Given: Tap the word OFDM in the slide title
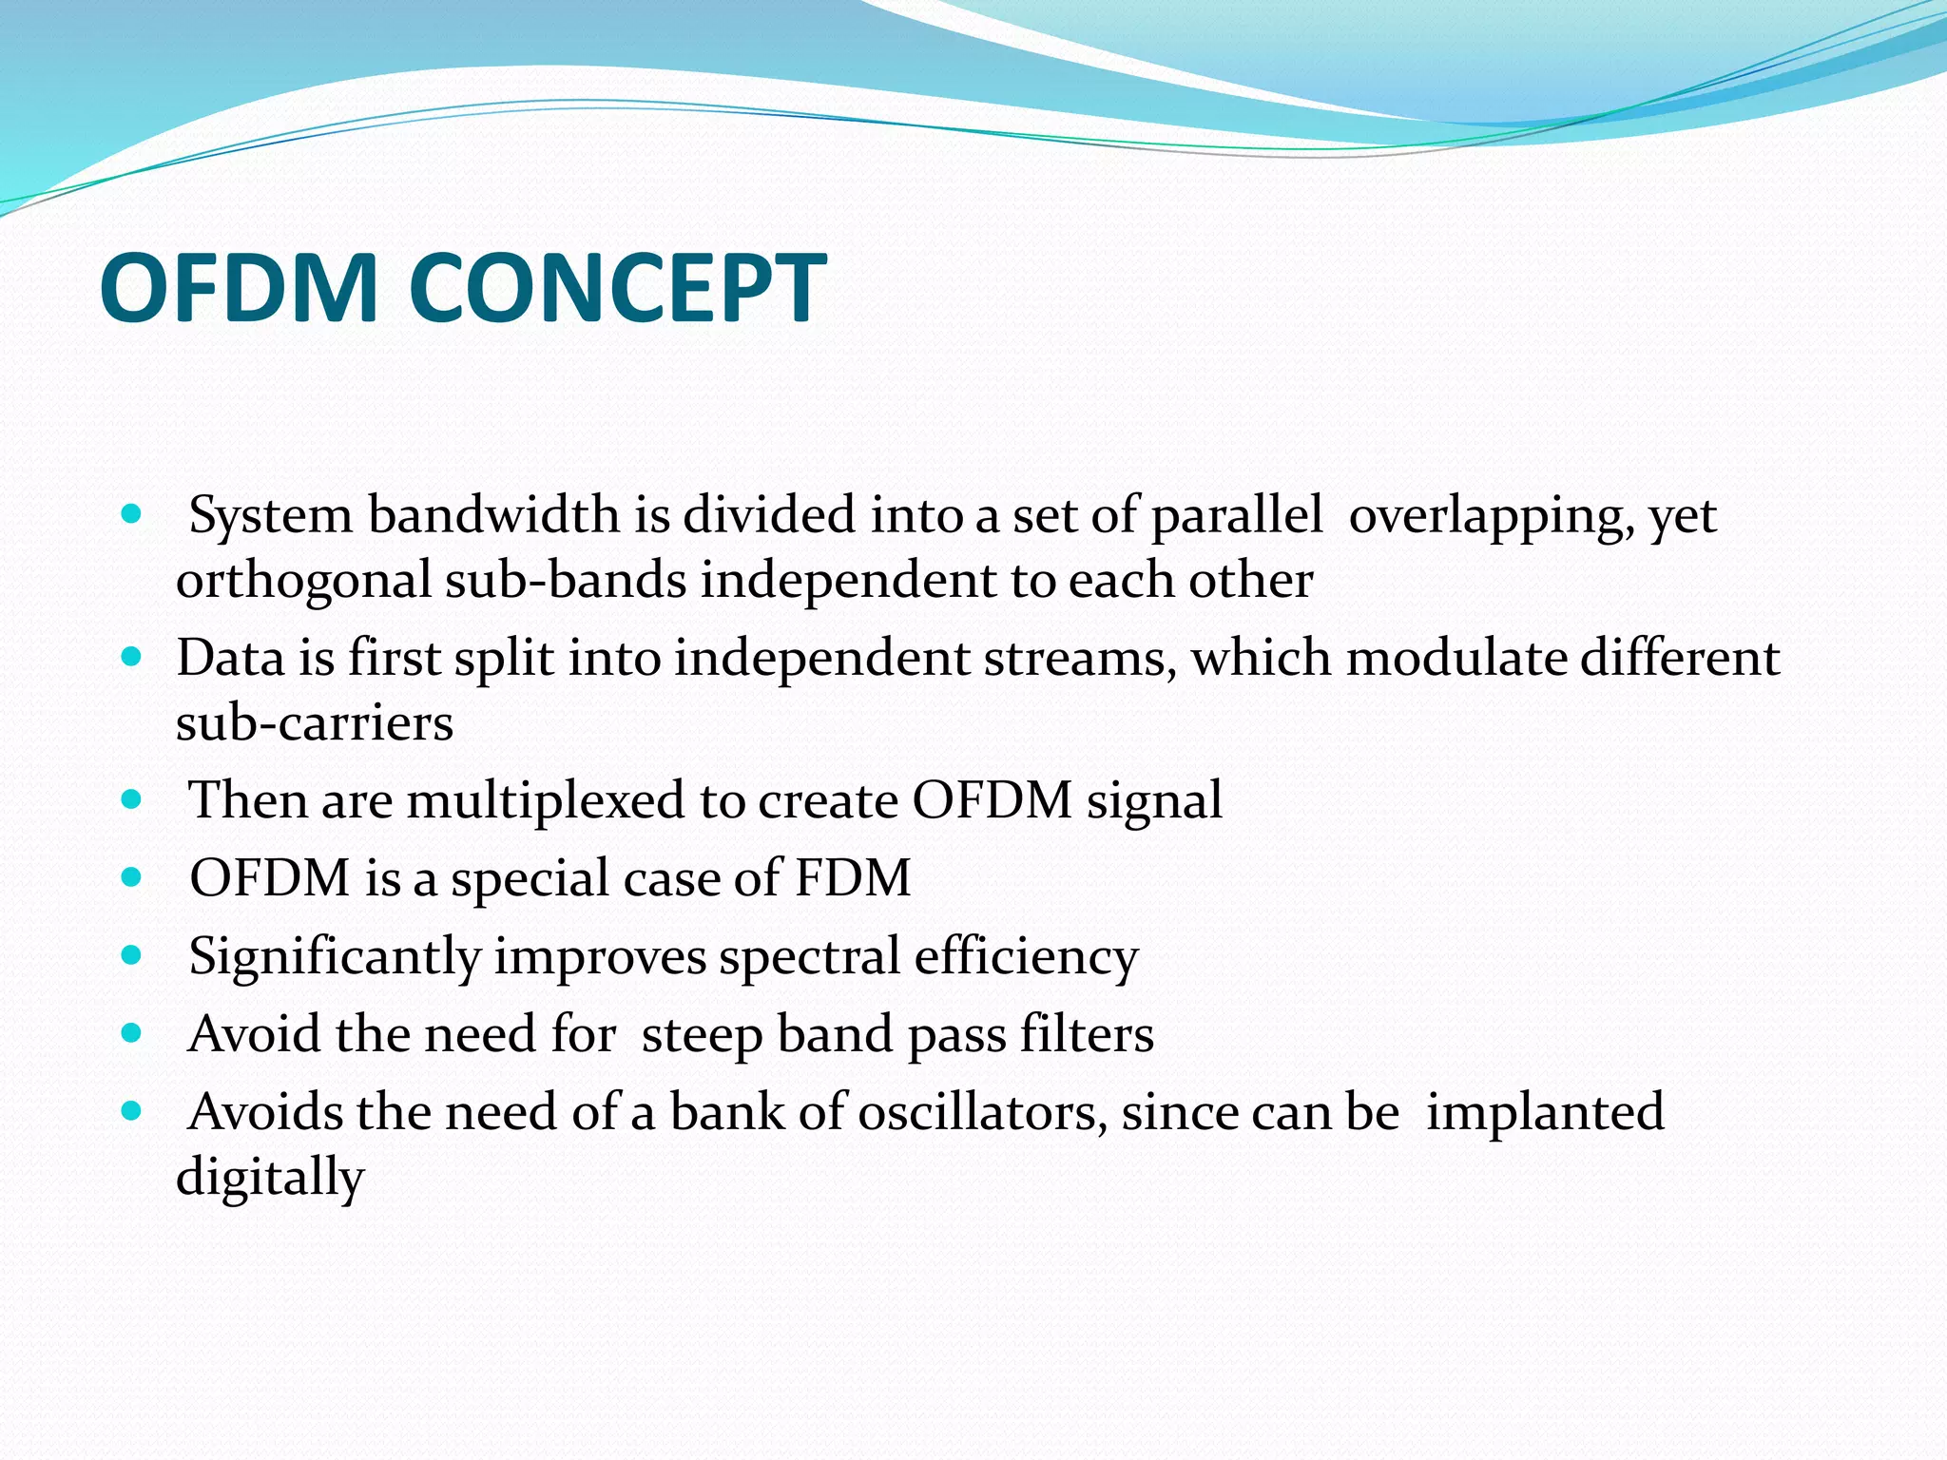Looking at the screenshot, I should pyautogui.click(x=239, y=288).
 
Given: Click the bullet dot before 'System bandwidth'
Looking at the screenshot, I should pyautogui.click(x=132, y=515).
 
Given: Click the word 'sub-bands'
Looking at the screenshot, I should pyautogui.click(x=566, y=580).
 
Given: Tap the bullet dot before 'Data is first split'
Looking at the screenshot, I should pyautogui.click(x=132, y=657).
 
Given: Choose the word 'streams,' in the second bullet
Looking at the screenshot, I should pyautogui.click(x=1079, y=658).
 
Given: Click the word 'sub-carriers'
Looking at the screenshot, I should pyautogui.click(x=315, y=723).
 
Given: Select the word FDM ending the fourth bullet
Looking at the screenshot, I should pyautogui.click(x=853, y=877).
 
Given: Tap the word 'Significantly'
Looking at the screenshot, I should pyautogui.click(x=335, y=957).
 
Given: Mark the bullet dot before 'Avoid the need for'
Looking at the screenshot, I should pyautogui.click(x=132, y=1032).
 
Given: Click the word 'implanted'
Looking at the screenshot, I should pyautogui.click(x=1545, y=1113).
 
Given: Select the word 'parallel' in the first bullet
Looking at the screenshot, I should pyautogui.click(x=1237, y=516).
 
